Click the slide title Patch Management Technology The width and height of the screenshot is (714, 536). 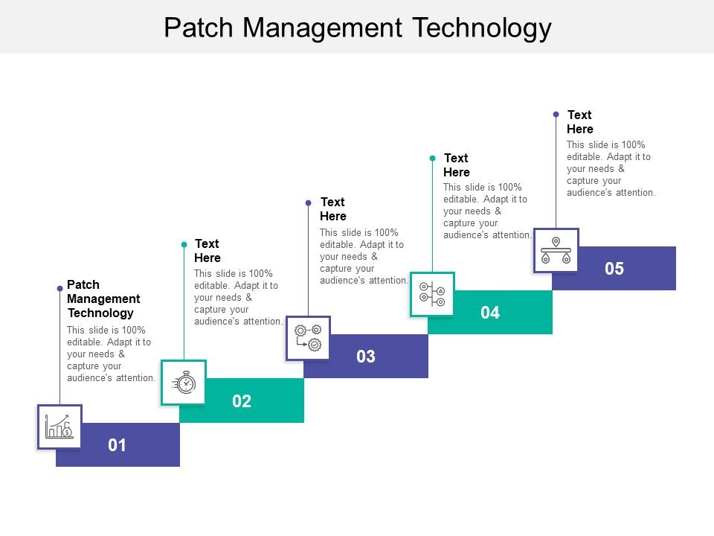point(357,28)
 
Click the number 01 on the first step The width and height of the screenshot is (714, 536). point(118,445)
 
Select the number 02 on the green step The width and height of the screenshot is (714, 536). point(242,401)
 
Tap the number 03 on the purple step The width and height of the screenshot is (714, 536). point(365,357)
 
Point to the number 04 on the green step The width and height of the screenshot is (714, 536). point(489,313)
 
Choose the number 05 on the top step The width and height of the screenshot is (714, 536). point(614,269)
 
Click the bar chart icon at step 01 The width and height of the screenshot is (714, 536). point(59,427)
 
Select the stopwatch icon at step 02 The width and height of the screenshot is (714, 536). point(184,383)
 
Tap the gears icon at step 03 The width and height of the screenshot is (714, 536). point(308,338)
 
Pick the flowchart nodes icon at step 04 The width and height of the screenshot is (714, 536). point(432,294)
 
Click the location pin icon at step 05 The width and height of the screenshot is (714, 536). point(556,250)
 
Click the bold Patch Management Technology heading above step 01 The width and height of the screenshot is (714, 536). point(103,299)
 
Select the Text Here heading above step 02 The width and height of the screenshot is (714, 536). point(208,251)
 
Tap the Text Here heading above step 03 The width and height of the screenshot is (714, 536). point(333,209)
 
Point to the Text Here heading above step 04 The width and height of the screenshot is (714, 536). point(457,165)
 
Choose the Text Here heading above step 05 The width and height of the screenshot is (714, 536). point(580,122)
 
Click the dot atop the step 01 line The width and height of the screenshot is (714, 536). point(60,288)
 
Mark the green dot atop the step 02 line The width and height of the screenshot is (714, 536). point(184,244)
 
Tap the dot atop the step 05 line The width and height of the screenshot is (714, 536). point(556,114)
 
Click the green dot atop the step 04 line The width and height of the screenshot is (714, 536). point(432,158)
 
